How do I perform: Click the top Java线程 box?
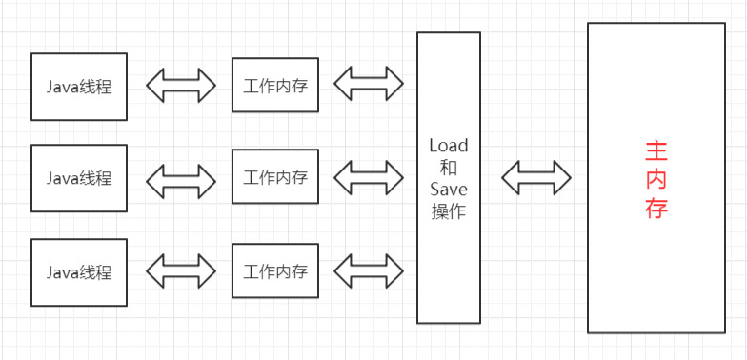point(79,87)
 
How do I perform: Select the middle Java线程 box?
point(79,178)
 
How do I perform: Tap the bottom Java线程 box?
point(79,271)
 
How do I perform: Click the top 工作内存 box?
point(275,86)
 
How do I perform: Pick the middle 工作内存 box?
point(275,177)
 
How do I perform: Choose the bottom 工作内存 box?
point(275,270)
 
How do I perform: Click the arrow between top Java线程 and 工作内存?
point(181,86)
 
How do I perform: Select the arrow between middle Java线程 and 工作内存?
point(181,178)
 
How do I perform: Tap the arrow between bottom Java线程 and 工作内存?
point(181,271)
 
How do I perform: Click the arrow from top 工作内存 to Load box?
point(369,86)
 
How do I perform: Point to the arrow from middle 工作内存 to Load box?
point(369,178)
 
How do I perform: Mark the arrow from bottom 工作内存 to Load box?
point(369,270)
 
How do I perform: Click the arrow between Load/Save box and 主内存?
point(536,178)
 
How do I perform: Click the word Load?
point(449,146)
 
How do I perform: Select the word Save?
point(449,190)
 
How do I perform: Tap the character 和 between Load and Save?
point(449,168)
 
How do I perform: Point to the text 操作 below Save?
point(449,211)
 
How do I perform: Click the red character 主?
point(656,150)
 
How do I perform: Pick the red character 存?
point(656,209)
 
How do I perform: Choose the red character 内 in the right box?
point(656,179)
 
